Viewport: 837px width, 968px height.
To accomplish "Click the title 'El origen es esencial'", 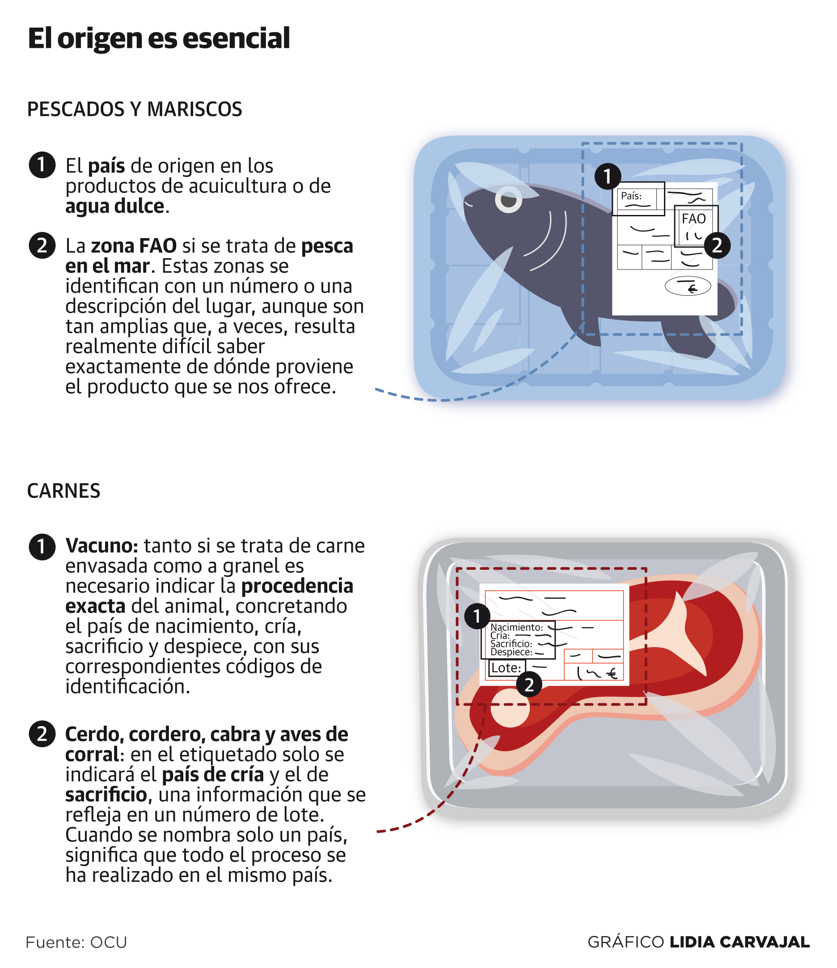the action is click(x=159, y=39).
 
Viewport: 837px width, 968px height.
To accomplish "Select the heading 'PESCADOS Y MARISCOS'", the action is click(x=135, y=109).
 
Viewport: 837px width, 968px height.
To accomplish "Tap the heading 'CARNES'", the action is click(x=63, y=491).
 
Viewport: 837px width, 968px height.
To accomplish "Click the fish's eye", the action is click(x=508, y=199).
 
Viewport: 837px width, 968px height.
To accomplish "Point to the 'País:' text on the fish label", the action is click(x=631, y=196).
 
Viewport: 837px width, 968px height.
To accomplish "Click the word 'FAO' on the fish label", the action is click(x=693, y=219).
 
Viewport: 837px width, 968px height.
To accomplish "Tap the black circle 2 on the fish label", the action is click(x=717, y=245).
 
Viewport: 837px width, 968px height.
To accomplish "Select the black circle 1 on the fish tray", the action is click(x=608, y=177).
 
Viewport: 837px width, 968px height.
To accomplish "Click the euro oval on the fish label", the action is click(x=688, y=287).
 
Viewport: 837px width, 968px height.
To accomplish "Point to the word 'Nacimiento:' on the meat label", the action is click(x=516, y=627).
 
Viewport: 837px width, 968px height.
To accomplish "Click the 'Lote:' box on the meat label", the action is click(x=507, y=668).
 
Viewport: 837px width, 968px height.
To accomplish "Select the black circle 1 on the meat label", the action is click(x=477, y=616).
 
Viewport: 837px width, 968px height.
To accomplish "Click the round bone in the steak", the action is click(x=510, y=708).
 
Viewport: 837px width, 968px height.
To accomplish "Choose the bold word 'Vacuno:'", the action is click(x=102, y=546).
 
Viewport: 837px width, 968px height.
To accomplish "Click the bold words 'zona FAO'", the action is click(x=134, y=246).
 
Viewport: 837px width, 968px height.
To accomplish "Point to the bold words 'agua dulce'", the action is click(x=115, y=206).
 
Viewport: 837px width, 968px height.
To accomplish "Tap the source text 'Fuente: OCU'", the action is click(x=76, y=943).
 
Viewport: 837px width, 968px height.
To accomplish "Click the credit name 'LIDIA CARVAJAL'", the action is click(x=740, y=942).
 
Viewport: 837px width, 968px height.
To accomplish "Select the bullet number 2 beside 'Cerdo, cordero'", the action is click(x=42, y=734).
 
